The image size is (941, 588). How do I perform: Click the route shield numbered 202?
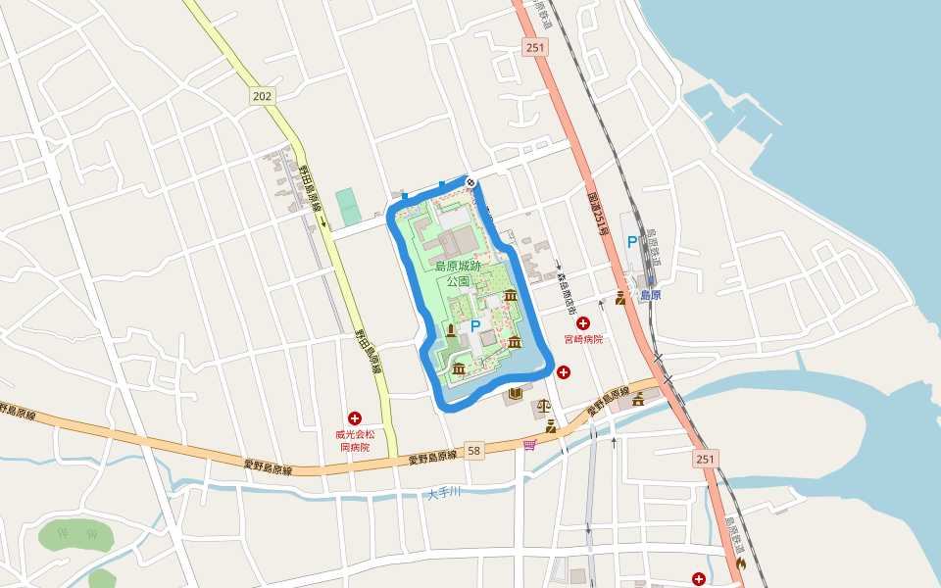tap(262, 96)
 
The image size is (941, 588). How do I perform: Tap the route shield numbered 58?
tap(474, 451)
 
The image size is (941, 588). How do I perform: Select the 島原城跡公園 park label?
tap(458, 272)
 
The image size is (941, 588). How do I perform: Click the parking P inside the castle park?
tap(475, 326)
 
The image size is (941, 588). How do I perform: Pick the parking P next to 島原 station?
tap(632, 242)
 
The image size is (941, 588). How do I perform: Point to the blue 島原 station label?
tap(650, 294)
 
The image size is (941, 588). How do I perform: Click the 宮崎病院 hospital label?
tap(583, 339)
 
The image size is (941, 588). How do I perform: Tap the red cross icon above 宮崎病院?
tap(583, 322)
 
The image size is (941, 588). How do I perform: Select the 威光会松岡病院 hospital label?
tap(354, 440)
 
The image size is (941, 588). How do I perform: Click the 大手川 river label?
tap(443, 493)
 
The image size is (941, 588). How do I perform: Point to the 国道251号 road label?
tap(599, 213)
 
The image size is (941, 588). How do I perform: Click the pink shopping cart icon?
tap(530, 445)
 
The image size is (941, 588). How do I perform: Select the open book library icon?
tap(515, 394)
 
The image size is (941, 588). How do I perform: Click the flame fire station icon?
tap(741, 563)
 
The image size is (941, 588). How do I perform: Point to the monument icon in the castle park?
tap(450, 330)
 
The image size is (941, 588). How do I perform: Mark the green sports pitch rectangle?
tap(347, 206)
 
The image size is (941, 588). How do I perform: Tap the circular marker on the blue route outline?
tap(470, 181)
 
